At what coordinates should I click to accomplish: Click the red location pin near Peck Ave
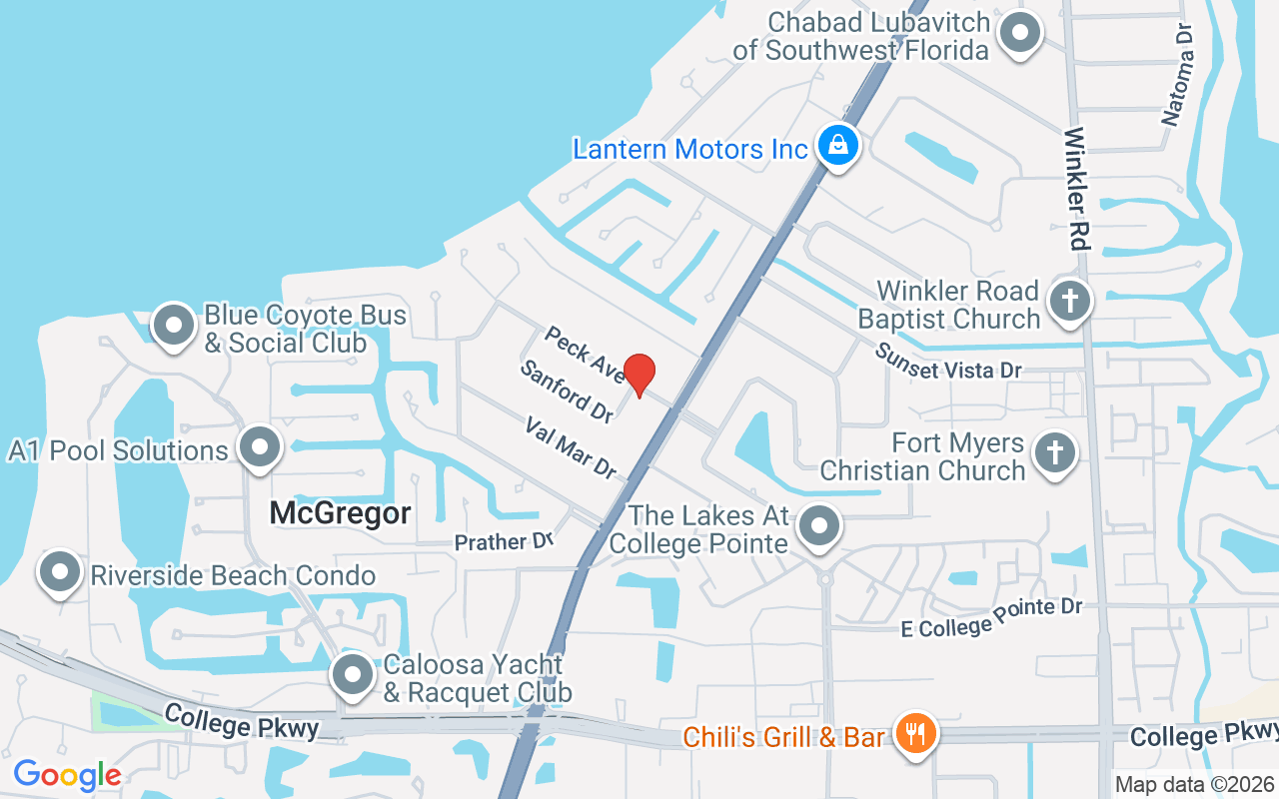tap(639, 374)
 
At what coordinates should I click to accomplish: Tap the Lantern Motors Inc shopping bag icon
tap(837, 146)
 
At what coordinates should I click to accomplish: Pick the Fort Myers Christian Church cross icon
tap(1053, 453)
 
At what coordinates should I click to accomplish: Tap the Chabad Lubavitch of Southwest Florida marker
tap(1020, 33)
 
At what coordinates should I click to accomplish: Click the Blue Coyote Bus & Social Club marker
tap(174, 326)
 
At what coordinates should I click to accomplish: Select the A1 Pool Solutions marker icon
tap(261, 447)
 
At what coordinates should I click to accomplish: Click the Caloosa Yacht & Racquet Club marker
tap(352, 675)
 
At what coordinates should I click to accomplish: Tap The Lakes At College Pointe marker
tap(820, 525)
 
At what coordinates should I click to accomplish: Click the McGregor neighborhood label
tap(341, 513)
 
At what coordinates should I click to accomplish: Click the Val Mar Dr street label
tap(571, 448)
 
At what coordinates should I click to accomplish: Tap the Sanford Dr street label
tap(566, 391)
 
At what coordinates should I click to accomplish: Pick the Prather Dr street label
tap(504, 542)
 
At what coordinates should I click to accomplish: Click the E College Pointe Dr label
tap(991, 616)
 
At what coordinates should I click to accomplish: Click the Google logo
tap(67, 775)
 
